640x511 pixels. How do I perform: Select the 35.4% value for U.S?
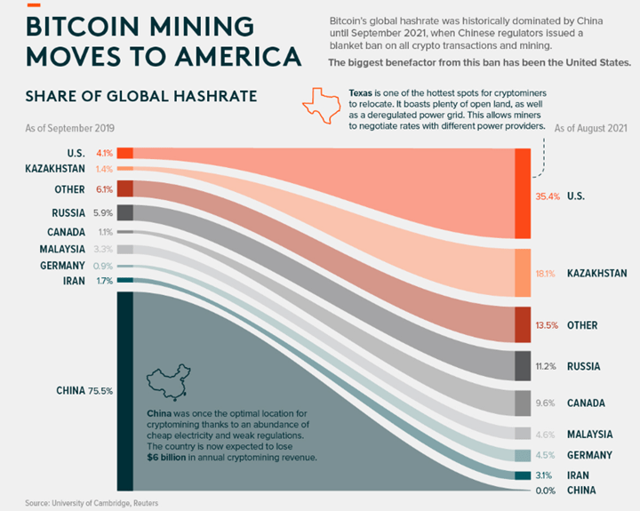pos(548,195)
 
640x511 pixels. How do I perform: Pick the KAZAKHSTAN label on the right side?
pos(596,274)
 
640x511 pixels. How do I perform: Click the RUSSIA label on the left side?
pos(68,213)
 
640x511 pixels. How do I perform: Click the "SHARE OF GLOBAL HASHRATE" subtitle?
pos(141,96)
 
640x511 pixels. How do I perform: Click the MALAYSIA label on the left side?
pos(62,249)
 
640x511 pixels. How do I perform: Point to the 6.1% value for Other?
pos(104,189)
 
